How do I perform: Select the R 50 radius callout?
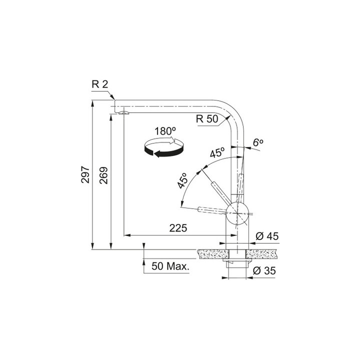pos(206,119)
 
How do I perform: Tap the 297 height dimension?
pos(85,174)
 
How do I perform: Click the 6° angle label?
pos(257,142)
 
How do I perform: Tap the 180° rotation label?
pos(165,131)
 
